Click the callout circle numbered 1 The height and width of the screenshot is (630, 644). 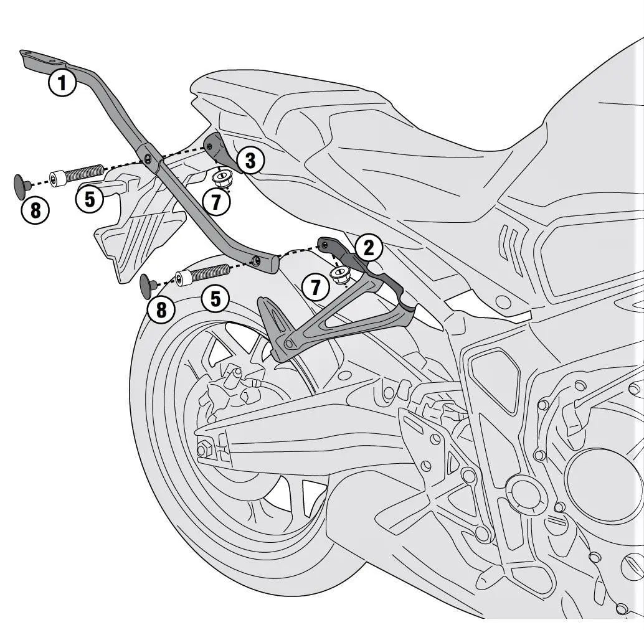62,82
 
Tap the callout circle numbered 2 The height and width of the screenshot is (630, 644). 368,248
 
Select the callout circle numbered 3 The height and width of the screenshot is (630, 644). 250,161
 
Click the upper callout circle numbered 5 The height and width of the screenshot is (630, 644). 90,199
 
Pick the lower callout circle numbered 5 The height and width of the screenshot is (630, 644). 215,299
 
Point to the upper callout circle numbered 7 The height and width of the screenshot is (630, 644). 216,201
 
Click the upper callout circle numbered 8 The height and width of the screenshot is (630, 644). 36,210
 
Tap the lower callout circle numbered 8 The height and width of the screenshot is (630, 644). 161,309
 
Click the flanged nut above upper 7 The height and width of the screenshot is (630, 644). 220,179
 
